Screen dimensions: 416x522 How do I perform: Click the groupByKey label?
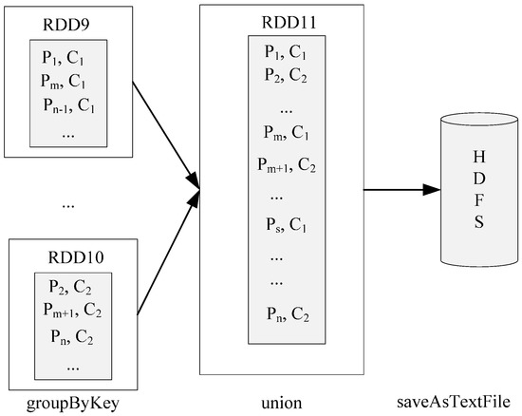coord(71,403)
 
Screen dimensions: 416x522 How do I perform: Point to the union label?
coord(282,403)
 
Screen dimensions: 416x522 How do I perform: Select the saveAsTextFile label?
coord(460,403)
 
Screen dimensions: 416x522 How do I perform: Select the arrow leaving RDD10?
coord(167,256)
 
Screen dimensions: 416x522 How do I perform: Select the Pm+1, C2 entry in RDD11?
coord(286,163)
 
